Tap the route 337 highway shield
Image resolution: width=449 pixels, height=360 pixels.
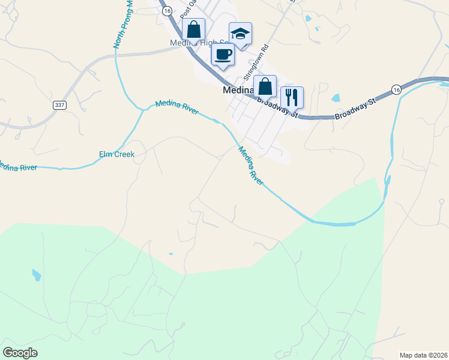[x=59, y=105]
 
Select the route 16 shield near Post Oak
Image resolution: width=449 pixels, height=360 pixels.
[x=167, y=11]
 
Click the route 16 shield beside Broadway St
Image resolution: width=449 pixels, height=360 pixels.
[x=395, y=89]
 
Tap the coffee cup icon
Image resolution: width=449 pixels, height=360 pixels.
[x=223, y=55]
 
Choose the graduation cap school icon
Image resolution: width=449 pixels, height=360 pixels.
[x=240, y=34]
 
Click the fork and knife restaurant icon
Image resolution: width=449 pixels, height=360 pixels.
[x=292, y=97]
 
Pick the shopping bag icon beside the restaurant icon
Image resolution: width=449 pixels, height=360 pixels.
[x=265, y=86]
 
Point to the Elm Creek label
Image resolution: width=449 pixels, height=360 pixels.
[x=116, y=155]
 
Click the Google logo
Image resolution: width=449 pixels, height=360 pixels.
[x=20, y=353]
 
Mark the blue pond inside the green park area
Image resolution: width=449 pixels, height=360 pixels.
[x=37, y=275]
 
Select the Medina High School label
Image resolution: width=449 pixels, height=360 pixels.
[x=201, y=43]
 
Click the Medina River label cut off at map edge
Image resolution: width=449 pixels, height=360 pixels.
[x=18, y=167]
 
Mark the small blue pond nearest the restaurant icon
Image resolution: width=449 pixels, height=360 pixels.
[x=335, y=98]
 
